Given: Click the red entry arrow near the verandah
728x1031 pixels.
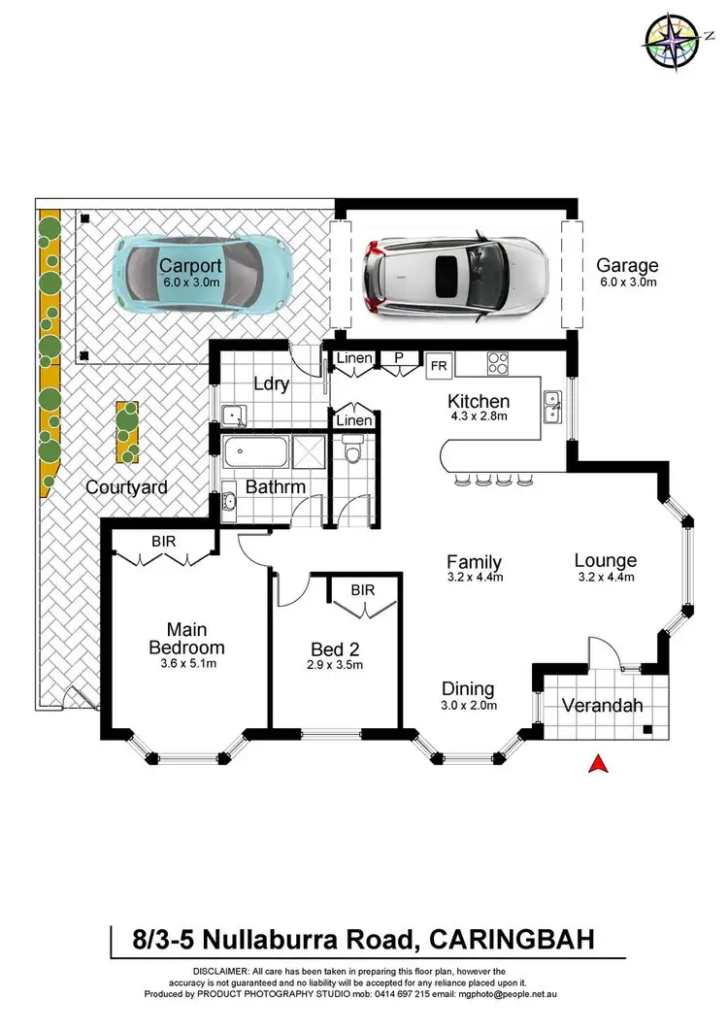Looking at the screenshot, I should (599, 764).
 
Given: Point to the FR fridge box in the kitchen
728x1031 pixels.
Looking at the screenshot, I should (438, 366).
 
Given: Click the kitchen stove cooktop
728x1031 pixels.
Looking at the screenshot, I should (498, 364).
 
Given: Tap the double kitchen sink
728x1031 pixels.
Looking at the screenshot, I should (551, 406).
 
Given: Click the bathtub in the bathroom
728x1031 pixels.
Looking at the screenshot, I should (260, 453).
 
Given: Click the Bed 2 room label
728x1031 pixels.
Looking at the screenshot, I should (335, 649).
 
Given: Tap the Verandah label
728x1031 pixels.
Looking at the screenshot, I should (603, 706).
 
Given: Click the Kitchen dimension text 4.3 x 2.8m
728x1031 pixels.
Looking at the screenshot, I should (478, 417).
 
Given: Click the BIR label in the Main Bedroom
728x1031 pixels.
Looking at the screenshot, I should (163, 541).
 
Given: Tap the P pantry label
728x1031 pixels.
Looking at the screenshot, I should (398, 358).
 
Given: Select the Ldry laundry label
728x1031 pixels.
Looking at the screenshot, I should (272, 383).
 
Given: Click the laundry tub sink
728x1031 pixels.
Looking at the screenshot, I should (234, 415).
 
